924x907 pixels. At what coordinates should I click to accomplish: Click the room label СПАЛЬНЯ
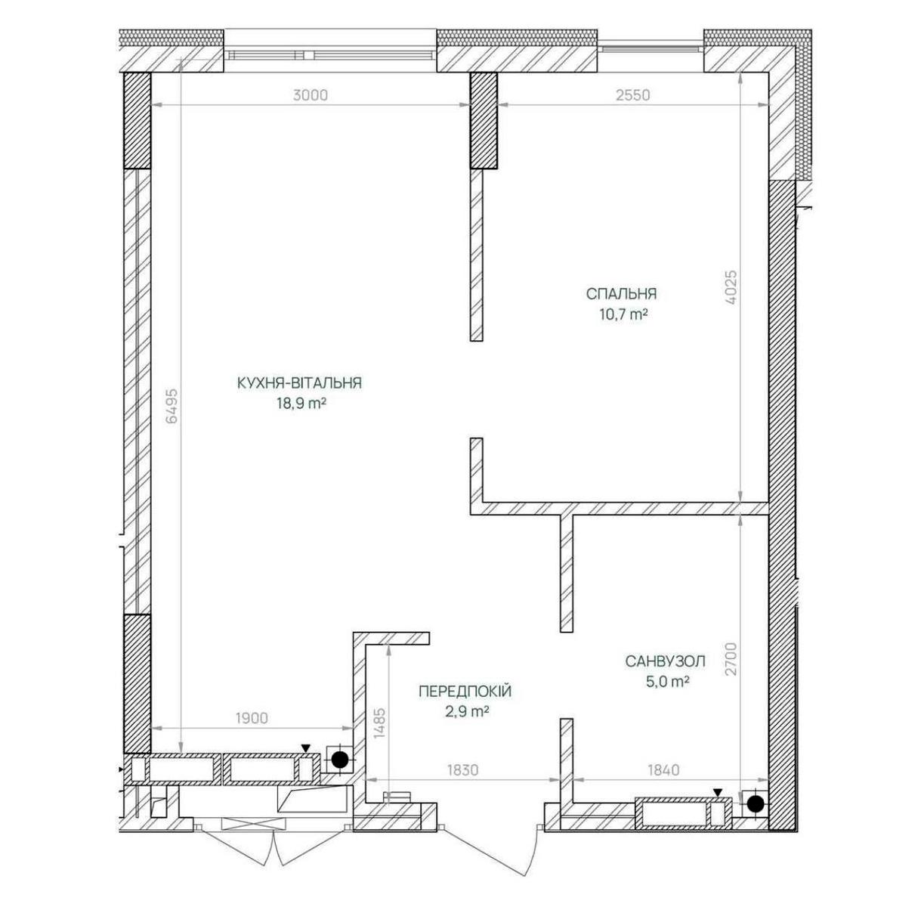[621, 293]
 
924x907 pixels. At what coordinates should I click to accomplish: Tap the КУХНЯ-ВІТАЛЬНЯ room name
[299, 383]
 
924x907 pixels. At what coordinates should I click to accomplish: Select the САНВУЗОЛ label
[665, 661]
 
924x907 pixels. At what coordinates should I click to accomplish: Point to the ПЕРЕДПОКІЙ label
[465, 691]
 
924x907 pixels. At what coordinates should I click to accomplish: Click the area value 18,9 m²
[301, 404]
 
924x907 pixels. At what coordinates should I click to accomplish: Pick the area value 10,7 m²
[623, 314]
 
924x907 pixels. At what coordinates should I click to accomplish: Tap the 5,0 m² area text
[667, 682]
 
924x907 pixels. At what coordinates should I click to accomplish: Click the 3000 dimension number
[311, 95]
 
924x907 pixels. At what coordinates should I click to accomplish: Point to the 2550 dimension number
[633, 95]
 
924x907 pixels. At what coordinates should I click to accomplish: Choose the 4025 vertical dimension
[731, 288]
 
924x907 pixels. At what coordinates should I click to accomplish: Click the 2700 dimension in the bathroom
[731, 659]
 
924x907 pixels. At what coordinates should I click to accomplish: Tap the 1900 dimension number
[252, 732]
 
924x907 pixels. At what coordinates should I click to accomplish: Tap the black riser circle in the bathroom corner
[756, 803]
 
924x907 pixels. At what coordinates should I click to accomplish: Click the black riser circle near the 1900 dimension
[340, 760]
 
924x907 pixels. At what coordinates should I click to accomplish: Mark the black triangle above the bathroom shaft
[717, 792]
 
